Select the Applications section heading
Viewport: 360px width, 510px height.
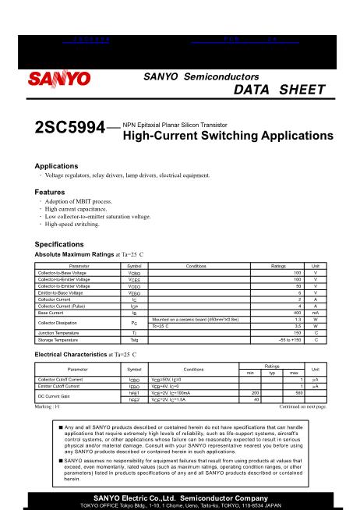[58, 166]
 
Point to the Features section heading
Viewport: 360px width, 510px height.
[50, 192]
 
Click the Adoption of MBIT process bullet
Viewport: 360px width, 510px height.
[78, 202]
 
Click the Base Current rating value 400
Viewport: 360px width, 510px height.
[296, 312]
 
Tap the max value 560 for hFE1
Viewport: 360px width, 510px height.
[298, 393]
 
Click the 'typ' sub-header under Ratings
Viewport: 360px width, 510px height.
[273, 373]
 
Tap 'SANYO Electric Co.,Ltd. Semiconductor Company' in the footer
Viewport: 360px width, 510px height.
[180, 497]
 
